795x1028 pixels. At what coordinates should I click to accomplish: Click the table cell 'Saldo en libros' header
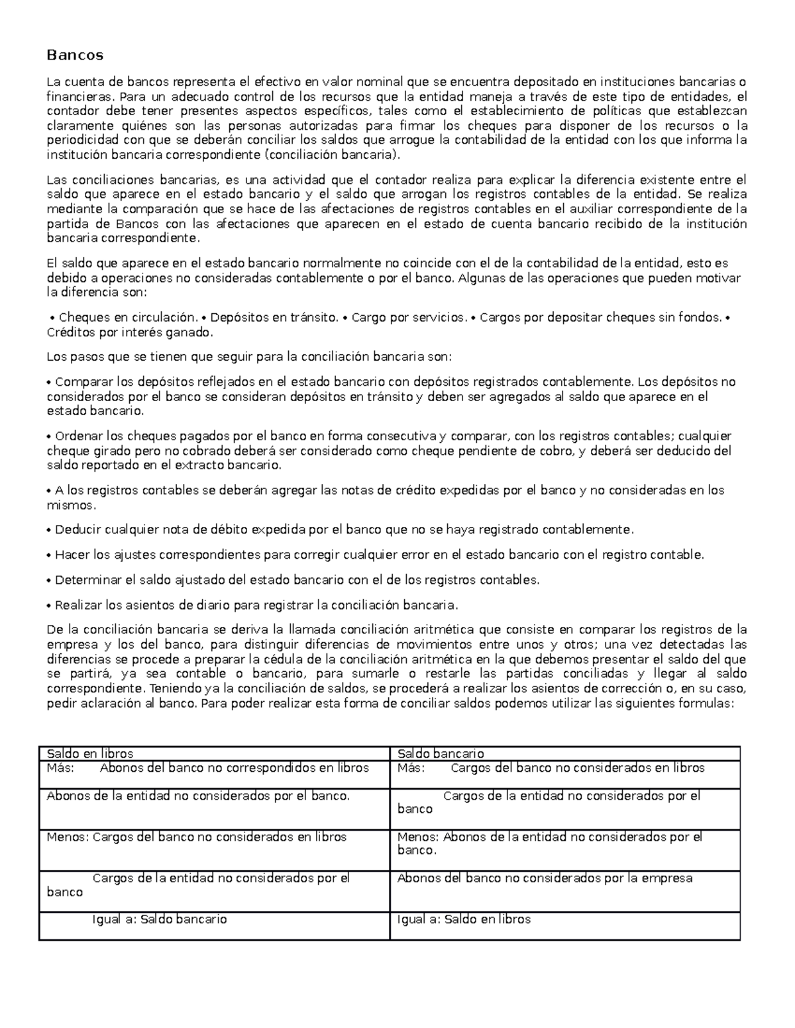pyautogui.click(x=90, y=753)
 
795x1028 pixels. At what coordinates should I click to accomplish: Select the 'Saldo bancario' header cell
pyautogui.click(x=441, y=753)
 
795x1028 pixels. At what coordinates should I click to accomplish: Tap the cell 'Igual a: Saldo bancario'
pyautogui.click(x=160, y=919)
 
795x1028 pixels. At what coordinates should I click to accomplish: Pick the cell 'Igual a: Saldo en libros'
pyautogui.click(x=464, y=919)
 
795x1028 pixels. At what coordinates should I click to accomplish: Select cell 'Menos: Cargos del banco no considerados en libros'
pyautogui.click(x=197, y=837)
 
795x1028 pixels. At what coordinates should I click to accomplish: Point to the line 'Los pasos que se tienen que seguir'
pyautogui.click(x=249, y=357)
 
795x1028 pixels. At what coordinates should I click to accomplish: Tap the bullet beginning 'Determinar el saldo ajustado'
pyautogui.click(x=296, y=580)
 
